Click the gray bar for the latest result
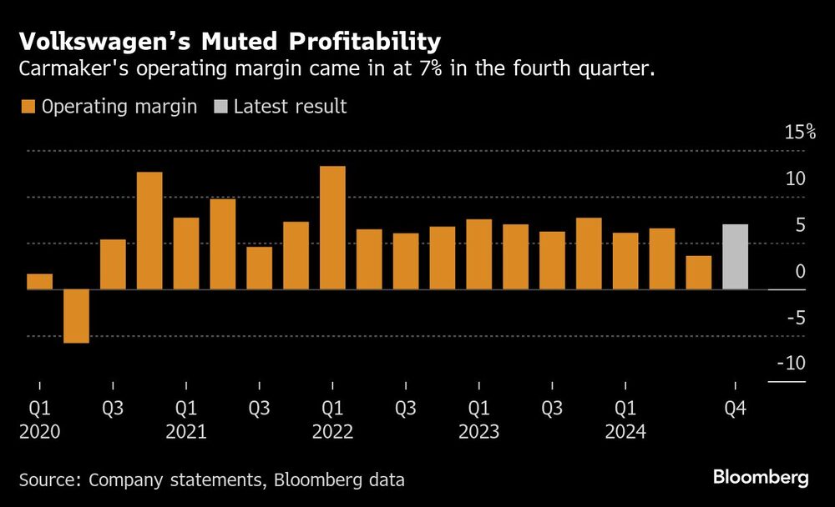point(735,257)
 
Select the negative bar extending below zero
point(76,316)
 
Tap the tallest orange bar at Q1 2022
point(332,228)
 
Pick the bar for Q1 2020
point(39,282)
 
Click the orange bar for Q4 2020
point(149,231)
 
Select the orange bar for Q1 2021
point(186,254)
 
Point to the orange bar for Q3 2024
point(698,273)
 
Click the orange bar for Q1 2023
point(478,254)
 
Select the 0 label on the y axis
point(799,271)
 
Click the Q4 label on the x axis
point(735,409)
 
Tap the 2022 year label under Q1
point(332,432)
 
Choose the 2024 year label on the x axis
point(625,432)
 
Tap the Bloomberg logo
point(760,478)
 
